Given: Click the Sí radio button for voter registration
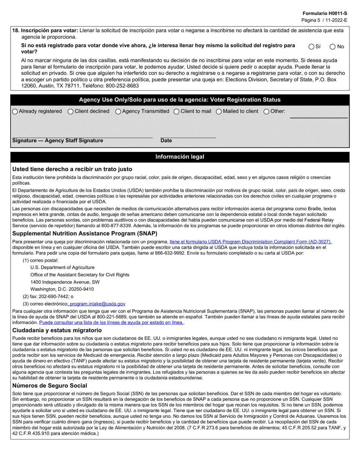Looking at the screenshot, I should click(x=311, y=47).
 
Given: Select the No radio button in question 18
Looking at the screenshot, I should click(x=333, y=47).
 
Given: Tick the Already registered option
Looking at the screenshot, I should click(x=15, y=111).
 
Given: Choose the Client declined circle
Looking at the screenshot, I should click(x=70, y=111).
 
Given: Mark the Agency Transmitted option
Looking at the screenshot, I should click(x=118, y=111).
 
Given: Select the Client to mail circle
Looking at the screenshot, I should click(x=177, y=111).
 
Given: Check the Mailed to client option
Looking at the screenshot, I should click(x=219, y=111).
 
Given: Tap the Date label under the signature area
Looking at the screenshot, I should click(x=166, y=141).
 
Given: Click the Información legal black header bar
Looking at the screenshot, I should click(x=180, y=157).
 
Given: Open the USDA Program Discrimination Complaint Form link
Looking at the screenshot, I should click(x=250, y=241).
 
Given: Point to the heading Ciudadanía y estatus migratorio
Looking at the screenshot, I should click(x=57, y=330).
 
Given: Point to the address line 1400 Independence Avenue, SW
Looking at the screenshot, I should click(x=65, y=282).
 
